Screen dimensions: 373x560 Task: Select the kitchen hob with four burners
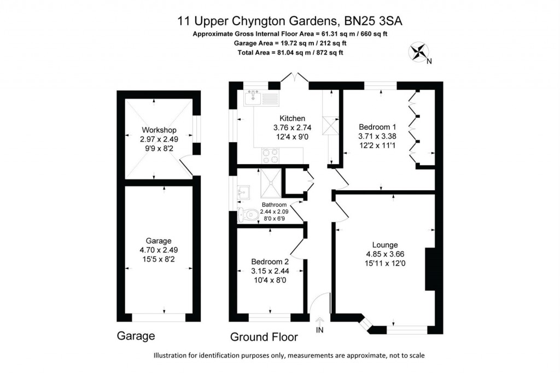click(x=269, y=156)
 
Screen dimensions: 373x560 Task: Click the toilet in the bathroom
click(x=248, y=215)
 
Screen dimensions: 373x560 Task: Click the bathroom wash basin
click(x=243, y=192)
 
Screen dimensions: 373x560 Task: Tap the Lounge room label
click(x=385, y=244)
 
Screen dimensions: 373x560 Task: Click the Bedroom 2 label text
click(x=270, y=261)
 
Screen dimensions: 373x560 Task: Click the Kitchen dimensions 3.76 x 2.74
click(x=292, y=127)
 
